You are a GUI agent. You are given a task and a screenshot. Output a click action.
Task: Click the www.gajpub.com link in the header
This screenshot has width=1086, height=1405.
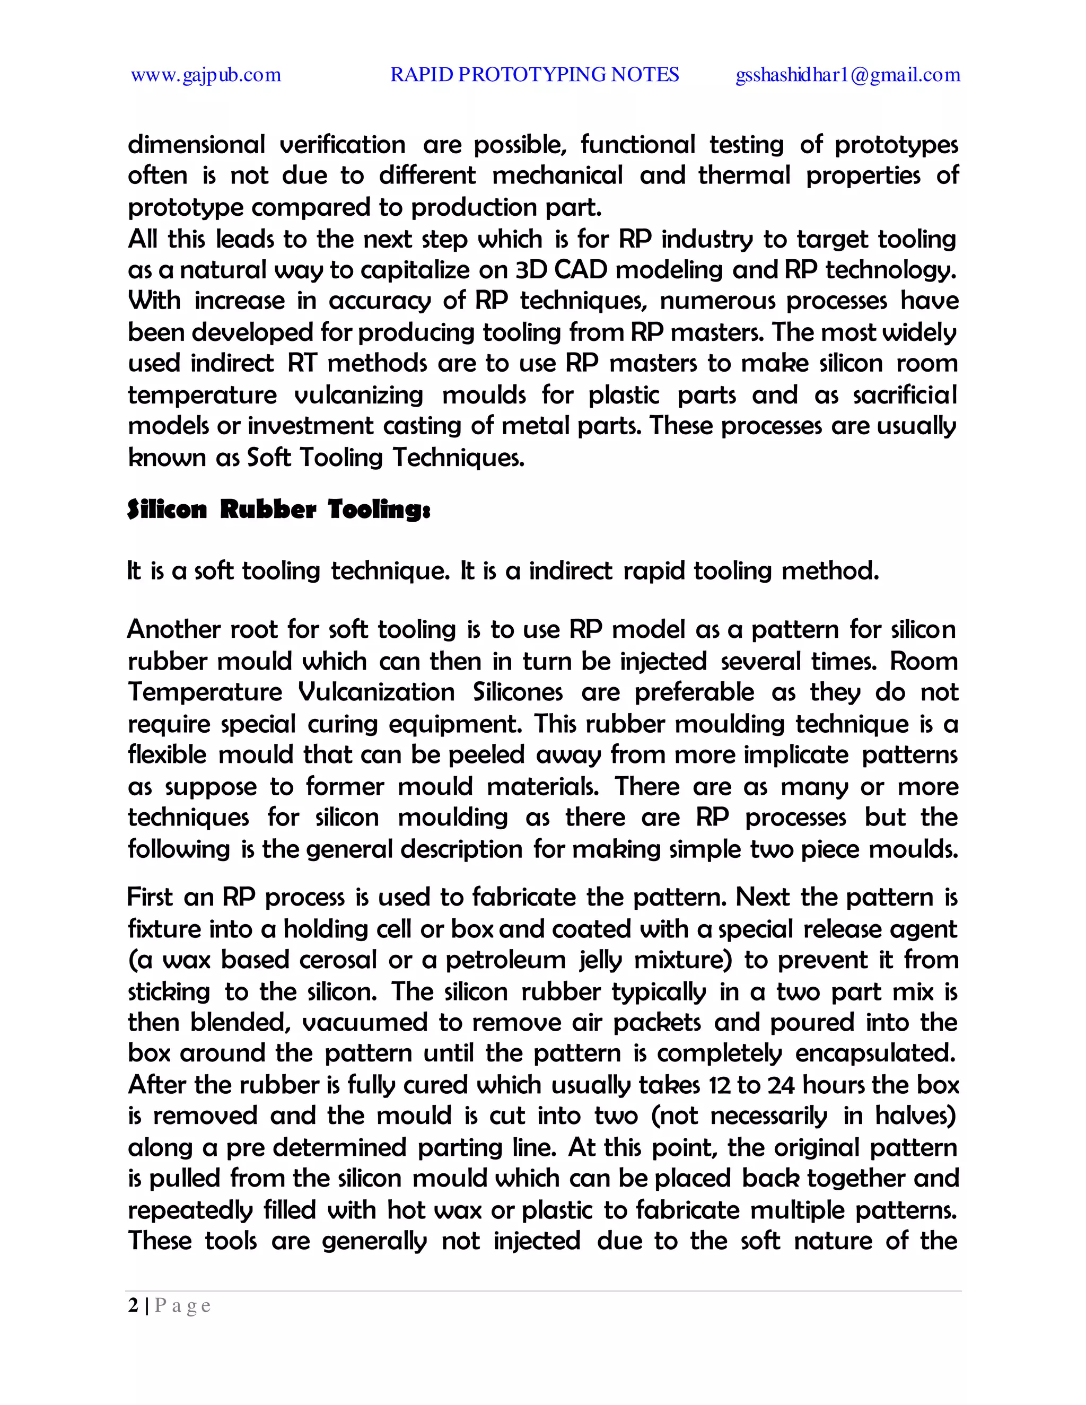pos(206,75)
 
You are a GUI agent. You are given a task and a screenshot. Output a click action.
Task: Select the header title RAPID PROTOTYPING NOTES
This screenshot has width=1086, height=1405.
pos(534,75)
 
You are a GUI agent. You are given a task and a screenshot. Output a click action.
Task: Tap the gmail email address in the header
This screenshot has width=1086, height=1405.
pos(848,75)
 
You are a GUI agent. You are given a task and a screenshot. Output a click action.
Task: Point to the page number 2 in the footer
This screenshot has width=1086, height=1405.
pos(133,1305)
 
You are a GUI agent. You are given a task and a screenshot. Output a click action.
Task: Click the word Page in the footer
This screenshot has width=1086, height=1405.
pos(183,1306)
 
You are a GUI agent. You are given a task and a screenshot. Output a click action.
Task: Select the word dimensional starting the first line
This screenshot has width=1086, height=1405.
pos(196,145)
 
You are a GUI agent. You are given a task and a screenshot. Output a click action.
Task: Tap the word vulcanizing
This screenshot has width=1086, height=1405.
pos(358,395)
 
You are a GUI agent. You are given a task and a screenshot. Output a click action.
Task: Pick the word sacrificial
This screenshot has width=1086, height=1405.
pos(905,395)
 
